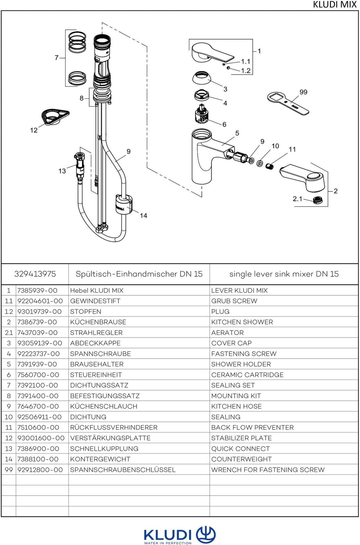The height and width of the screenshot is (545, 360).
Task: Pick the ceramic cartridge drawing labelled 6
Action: (202, 114)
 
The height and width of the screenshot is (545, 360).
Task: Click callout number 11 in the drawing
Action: (292, 149)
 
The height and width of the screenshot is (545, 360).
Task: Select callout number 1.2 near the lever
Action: (246, 71)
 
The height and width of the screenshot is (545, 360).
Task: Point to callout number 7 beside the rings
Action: (56, 57)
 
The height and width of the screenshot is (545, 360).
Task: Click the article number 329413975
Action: (35, 274)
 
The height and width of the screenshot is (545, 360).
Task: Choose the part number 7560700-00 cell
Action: (38, 375)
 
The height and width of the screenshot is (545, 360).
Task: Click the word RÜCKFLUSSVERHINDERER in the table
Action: (114, 427)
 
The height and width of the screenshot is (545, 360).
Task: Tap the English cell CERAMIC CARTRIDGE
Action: (247, 375)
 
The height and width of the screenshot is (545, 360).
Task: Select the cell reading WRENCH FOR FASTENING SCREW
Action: (268, 470)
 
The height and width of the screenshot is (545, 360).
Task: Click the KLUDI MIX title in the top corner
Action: (334, 4)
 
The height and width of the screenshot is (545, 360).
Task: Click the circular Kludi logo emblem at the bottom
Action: (206, 534)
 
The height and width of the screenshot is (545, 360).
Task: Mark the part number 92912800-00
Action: (40, 470)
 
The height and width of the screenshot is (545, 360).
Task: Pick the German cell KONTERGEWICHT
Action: (100, 459)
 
